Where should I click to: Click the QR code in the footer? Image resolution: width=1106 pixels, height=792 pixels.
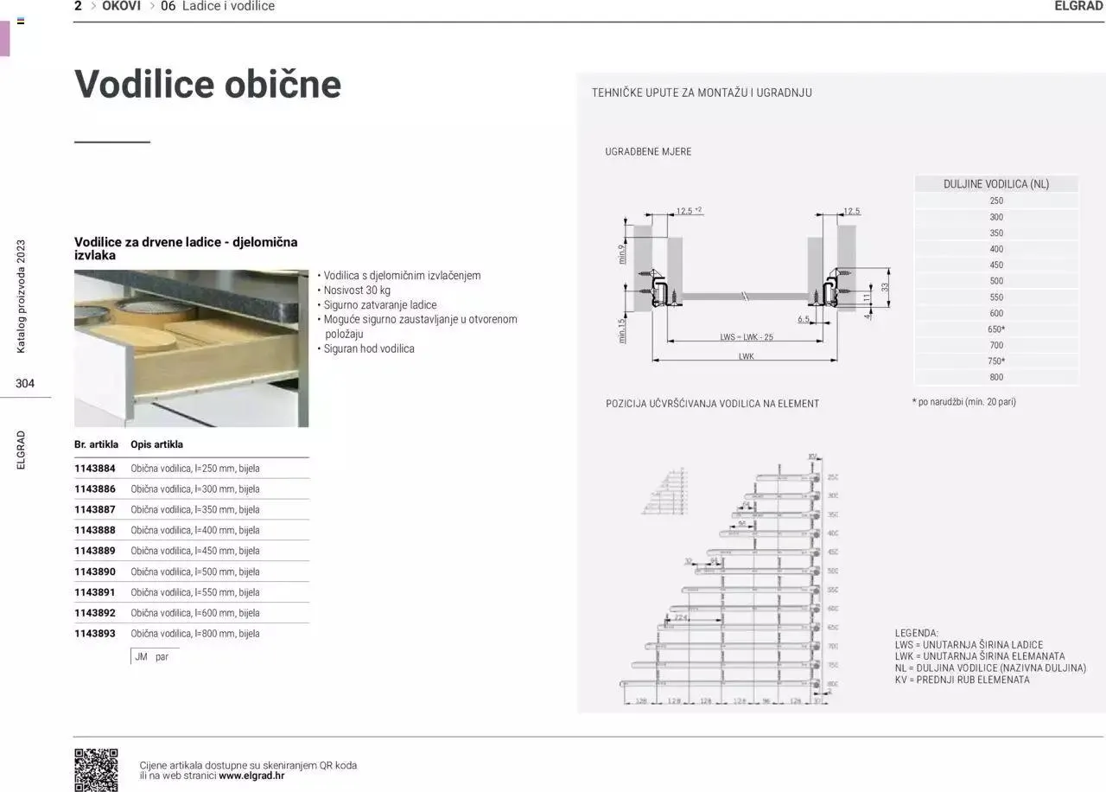pos(96,770)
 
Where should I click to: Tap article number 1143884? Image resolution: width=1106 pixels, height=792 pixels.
pos(95,469)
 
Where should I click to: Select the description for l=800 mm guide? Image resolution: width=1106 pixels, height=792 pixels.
pos(195,634)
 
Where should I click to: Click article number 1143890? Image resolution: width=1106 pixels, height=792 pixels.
pos(95,572)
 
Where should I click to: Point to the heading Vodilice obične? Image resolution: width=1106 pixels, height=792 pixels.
pos(207,85)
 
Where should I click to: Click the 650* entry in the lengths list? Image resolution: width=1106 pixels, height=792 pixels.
pos(996,329)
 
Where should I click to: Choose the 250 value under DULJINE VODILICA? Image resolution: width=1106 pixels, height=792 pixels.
pos(996,201)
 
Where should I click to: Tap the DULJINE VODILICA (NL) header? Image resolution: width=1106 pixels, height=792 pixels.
pos(996,184)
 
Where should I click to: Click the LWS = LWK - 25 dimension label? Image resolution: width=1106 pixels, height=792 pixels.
pos(747,337)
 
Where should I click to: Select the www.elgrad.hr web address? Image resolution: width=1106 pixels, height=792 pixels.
pos(251,776)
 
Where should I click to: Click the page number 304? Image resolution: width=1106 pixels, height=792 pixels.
pos(25,384)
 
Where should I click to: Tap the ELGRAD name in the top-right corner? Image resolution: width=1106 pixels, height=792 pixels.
pos(1079,6)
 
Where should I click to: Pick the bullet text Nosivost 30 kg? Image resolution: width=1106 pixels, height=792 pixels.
pos(357,291)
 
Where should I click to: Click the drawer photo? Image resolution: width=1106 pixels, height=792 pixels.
pos(191,348)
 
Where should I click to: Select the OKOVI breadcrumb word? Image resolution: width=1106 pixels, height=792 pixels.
pos(121,6)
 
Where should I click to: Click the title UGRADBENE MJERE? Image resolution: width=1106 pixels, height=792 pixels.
pos(648,152)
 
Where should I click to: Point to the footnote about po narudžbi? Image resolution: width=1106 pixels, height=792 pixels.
pos(963,402)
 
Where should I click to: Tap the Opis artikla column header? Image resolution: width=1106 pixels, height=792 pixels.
pos(156,444)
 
